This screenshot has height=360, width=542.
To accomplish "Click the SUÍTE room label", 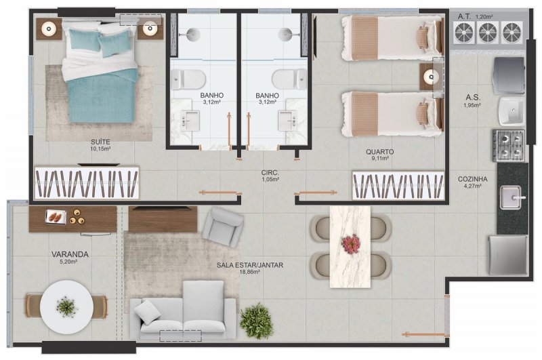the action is coord(100,142).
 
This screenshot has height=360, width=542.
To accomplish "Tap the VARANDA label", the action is coord(70,254).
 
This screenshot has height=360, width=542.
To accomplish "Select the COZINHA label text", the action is coord(472,179).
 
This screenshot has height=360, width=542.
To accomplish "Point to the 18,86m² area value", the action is coord(249,272).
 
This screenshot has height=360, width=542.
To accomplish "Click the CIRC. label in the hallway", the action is coord(270,173).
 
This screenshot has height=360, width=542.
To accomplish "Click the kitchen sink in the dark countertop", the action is coord(512,197).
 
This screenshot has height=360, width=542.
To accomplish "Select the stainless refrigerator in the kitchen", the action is coord(507,256).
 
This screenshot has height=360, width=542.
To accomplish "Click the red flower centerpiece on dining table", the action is coord(350,243).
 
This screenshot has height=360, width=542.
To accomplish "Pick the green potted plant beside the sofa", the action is coord(257,321).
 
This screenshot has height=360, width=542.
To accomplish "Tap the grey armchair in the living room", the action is coord(223,226).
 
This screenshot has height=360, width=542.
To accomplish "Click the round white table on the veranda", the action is coord(66,306).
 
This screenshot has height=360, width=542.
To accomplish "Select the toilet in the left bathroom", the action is coord(188,79).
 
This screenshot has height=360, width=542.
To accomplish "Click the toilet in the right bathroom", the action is coord(289,79).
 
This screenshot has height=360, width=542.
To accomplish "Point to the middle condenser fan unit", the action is coord(488,33).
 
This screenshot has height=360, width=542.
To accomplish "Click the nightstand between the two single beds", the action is coord(431,77).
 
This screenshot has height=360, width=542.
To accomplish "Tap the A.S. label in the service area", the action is coord(472,98).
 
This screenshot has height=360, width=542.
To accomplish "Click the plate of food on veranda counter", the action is coord(56,217).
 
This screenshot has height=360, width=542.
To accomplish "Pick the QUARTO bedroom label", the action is coord(380,152).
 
